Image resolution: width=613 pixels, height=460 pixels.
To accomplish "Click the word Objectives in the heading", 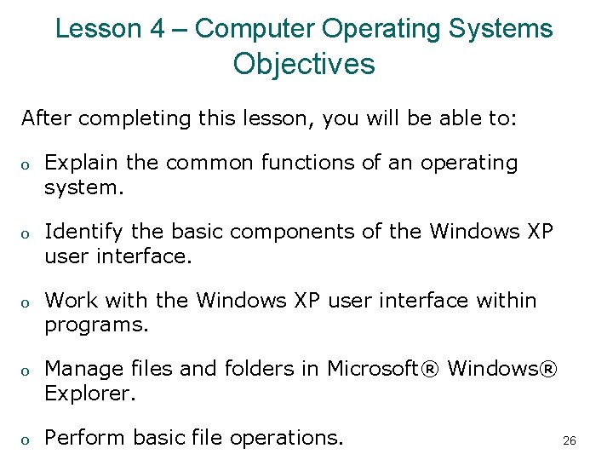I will [x=304, y=64].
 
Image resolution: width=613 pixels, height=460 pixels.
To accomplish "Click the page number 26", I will [x=570, y=441].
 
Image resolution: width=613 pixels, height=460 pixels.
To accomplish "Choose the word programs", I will [x=96, y=325].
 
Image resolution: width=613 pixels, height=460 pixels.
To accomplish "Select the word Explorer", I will [x=90, y=394].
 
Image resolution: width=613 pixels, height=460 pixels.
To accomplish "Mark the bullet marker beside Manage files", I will [x=26, y=371].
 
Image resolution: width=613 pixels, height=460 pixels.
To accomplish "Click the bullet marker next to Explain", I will [x=26, y=164].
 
